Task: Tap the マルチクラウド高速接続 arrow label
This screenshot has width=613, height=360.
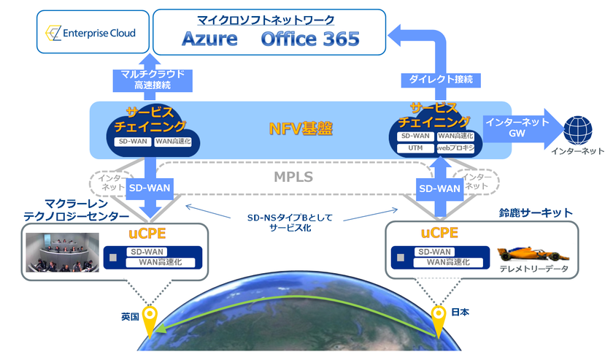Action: [153, 80]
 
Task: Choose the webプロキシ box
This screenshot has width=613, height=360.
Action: [455, 148]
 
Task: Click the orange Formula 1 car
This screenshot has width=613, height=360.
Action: [533, 255]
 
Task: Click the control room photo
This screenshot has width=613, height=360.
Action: [62, 252]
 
